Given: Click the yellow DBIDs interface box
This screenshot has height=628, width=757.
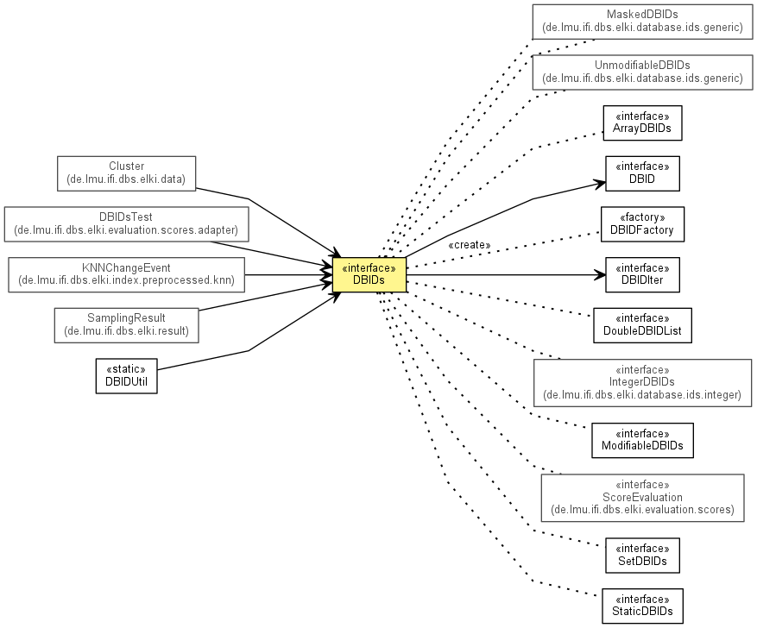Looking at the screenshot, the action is pos(369,274).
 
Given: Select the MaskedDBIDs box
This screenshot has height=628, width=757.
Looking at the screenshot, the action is pos(642,22).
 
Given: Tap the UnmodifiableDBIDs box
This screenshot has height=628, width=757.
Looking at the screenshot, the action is pos(642,72).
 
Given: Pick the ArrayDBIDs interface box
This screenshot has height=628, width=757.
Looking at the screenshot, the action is pos(642,123).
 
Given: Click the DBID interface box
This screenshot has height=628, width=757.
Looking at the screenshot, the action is pos(642,173).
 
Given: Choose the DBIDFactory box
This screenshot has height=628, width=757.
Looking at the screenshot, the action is pos(642,224).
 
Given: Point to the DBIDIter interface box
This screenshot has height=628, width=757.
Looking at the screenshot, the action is pos(642,275).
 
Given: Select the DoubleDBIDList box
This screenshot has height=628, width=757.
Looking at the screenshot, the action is pos(642,325).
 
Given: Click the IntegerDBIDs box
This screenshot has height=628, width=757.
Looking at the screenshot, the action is pos(642,383).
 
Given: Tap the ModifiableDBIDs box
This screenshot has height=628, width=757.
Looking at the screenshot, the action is pos(642,440).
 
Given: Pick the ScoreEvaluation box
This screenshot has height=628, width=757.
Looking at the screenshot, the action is pos(642,498).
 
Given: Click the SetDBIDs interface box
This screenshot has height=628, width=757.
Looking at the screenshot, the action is pos(642,556).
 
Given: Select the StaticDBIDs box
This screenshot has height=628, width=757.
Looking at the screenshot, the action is pos(642,606).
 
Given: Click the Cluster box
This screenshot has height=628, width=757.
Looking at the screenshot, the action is pos(127,173).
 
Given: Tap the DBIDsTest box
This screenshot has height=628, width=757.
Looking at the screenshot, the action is pos(127,224).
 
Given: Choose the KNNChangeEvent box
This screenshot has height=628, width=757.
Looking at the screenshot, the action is pos(127,275).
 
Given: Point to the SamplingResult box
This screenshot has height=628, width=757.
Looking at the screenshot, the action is pos(127,325).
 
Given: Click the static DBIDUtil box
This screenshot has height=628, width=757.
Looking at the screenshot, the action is pos(127,376).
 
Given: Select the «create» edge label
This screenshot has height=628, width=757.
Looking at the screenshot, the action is pos(470,245).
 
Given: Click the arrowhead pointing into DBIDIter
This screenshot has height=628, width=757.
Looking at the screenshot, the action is pos(600,275).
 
